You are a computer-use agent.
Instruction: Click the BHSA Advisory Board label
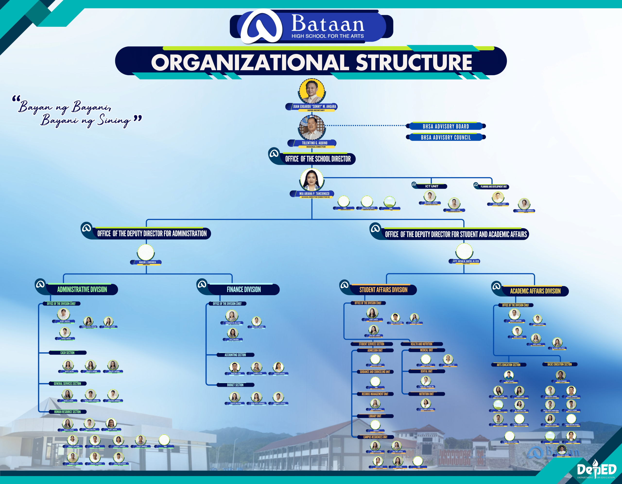[446, 126]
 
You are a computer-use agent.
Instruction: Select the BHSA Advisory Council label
[446, 137]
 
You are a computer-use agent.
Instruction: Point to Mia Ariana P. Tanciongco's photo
[311, 180]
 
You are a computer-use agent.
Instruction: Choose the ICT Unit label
[432, 186]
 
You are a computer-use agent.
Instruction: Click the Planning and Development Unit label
[493, 187]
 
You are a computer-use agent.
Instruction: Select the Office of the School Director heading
[318, 159]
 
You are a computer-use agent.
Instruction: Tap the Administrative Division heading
[82, 290]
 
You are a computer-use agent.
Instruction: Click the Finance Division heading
[243, 290]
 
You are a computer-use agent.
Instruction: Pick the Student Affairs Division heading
[383, 290]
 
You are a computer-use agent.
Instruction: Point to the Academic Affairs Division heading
[535, 291]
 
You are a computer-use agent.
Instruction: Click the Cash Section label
[67, 353]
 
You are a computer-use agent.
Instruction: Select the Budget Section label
[235, 385]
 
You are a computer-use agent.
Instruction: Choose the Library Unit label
[375, 416]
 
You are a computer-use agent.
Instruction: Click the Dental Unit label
[426, 371]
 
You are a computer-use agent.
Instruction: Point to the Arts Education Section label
[508, 365]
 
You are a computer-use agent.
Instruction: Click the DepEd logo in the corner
[596, 470]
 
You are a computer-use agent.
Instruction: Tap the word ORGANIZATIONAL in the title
[250, 62]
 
